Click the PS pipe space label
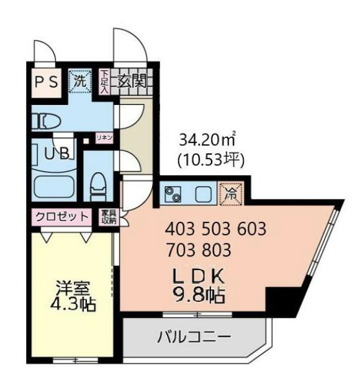tap(45, 81)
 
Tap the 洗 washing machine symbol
tap(79, 80)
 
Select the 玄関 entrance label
tap(132, 80)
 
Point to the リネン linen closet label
tap(104, 137)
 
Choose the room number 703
tap(181, 251)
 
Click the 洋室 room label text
tap(73, 289)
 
